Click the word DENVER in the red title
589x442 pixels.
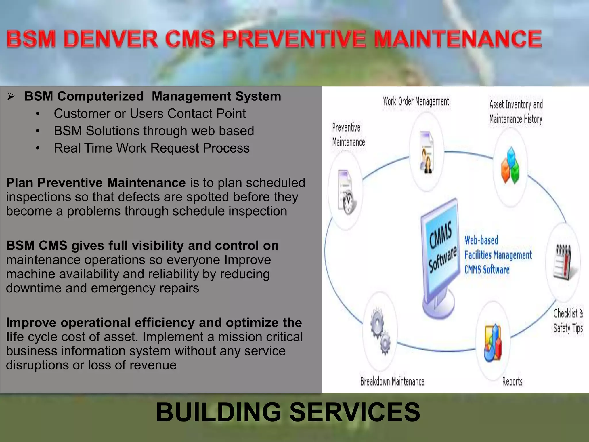point(111,39)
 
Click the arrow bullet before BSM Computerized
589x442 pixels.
point(11,96)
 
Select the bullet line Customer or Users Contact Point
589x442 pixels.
point(150,114)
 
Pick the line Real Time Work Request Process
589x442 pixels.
point(152,148)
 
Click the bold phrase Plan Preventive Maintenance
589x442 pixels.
point(96,183)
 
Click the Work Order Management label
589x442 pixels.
point(416,102)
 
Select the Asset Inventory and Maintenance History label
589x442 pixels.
point(516,112)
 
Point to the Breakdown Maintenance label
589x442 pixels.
point(392,382)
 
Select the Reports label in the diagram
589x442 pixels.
point(512,382)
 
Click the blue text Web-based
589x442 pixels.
point(481,240)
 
